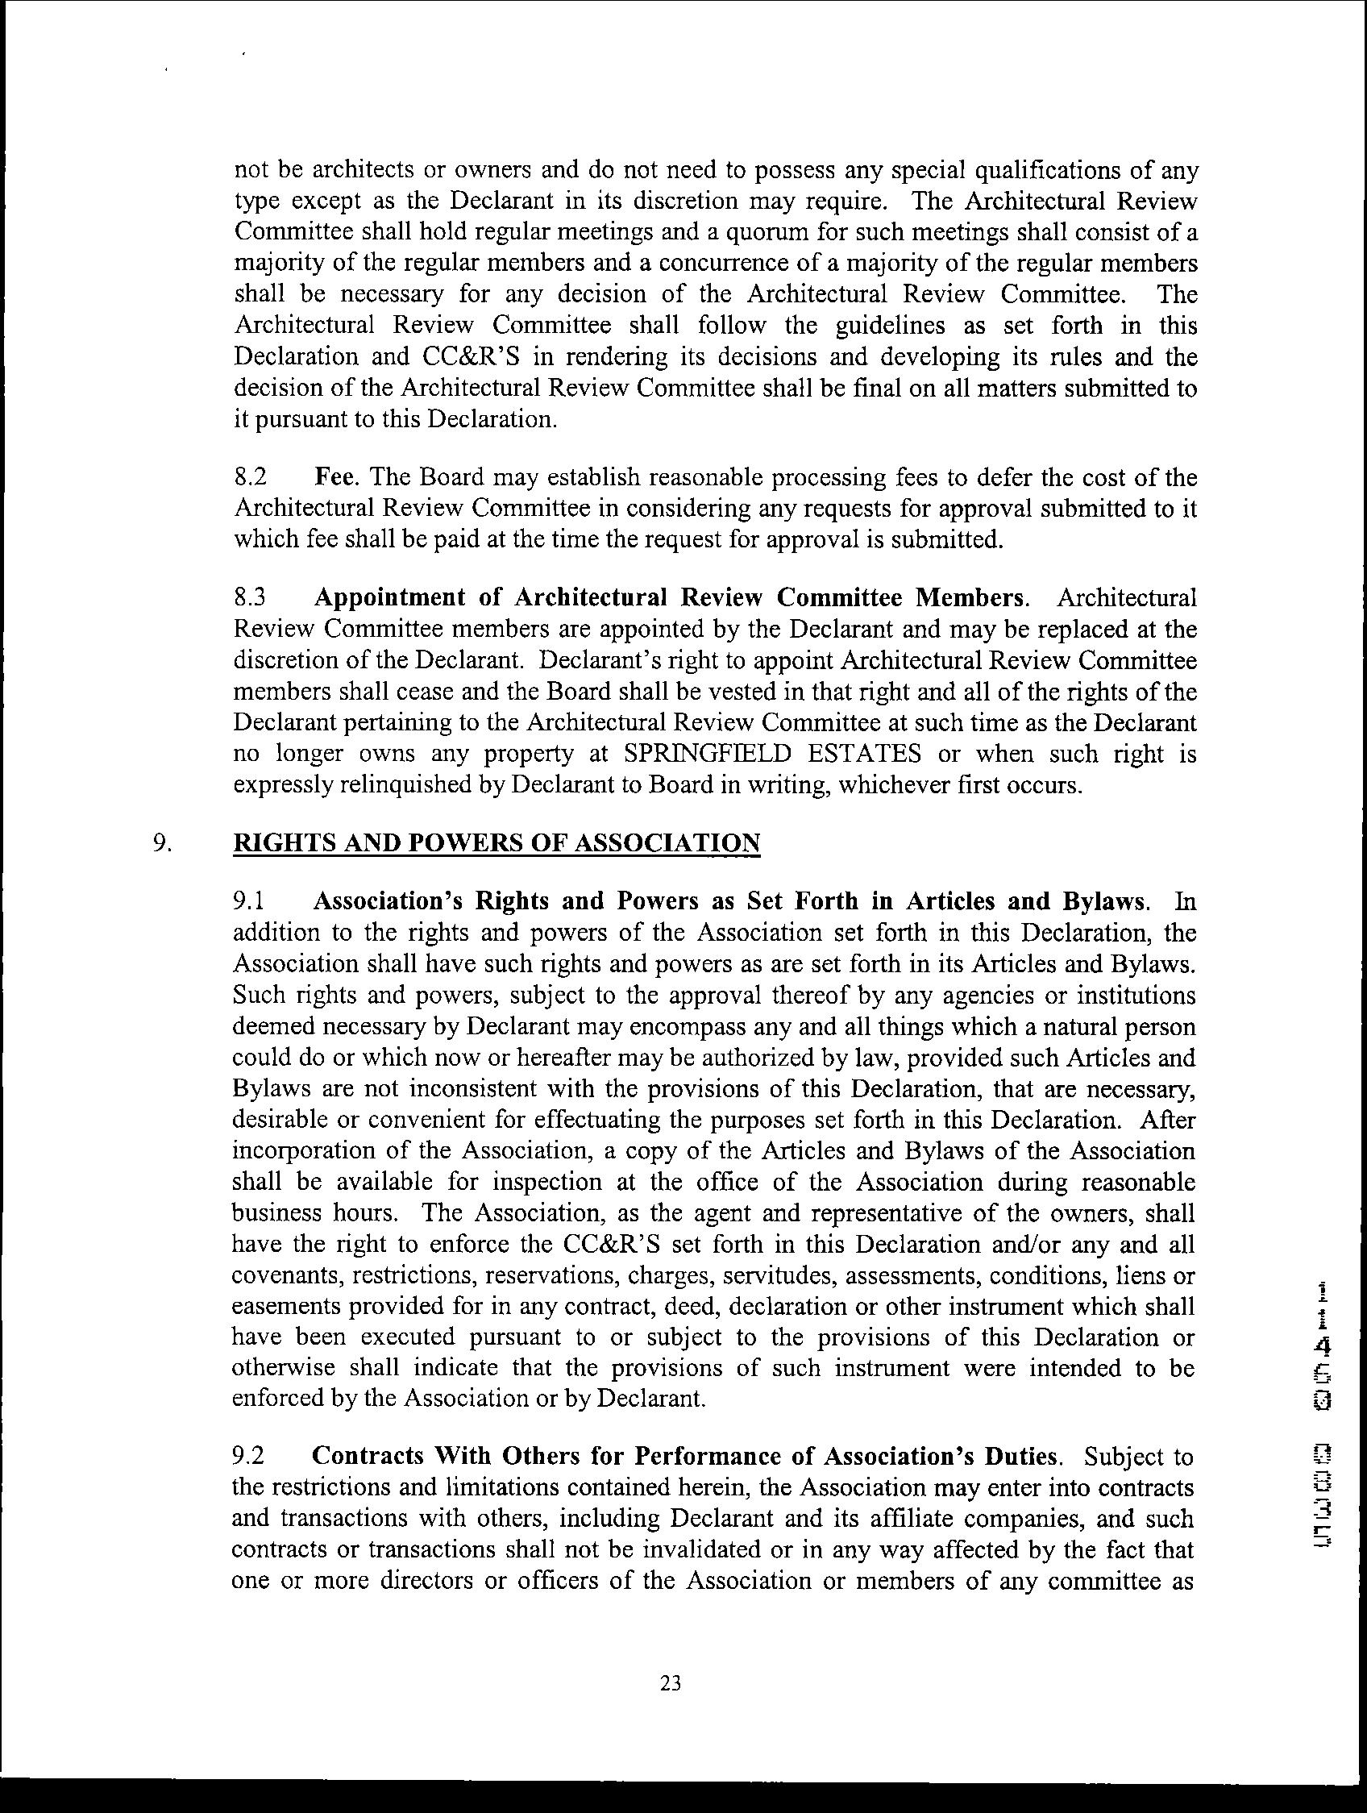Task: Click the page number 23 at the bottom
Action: [x=671, y=1683]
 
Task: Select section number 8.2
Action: [x=249, y=477]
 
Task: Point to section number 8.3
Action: [x=249, y=597]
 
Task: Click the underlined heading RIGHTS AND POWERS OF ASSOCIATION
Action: [x=497, y=843]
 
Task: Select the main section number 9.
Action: [x=161, y=843]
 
